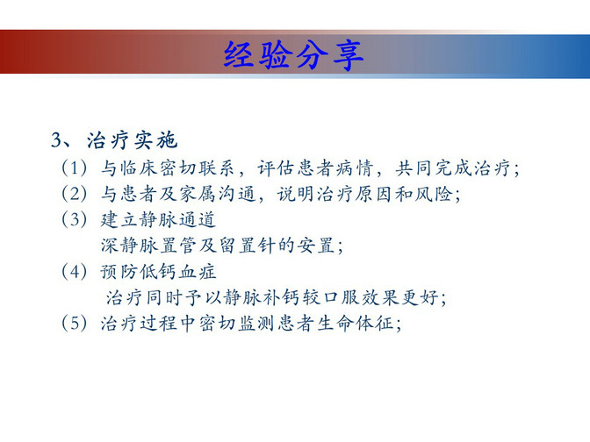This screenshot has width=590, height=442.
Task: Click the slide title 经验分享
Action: tap(293, 55)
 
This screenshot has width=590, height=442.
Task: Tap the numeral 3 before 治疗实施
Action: tap(56, 139)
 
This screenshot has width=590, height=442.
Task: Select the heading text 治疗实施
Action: tap(132, 140)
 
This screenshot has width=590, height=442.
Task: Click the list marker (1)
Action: tap(75, 168)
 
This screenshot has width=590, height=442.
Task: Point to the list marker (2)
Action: tap(75, 194)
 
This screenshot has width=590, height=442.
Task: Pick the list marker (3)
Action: tap(75, 219)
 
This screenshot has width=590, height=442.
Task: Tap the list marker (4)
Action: tap(75, 271)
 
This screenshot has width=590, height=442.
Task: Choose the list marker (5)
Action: tap(75, 324)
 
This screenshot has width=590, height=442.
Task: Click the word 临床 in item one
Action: tap(139, 168)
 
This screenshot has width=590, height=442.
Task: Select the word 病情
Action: tap(355, 168)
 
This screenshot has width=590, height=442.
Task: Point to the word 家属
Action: tap(198, 194)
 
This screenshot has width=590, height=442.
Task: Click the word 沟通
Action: tap(237, 194)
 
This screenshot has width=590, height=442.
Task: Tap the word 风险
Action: tap(434, 194)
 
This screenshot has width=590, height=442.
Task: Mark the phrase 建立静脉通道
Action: tap(158, 220)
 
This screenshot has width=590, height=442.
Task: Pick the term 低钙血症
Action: tap(178, 272)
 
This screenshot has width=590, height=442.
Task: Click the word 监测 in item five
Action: tap(256, 324)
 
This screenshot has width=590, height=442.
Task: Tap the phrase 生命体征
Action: tap(355, 324)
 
